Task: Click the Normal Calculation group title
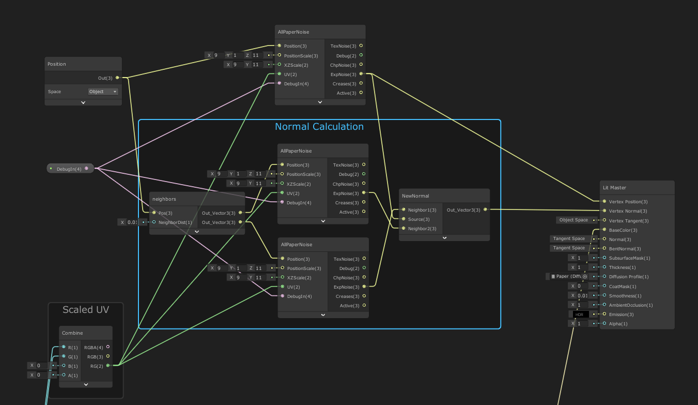coord(319,127)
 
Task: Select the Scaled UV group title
coord(86,310)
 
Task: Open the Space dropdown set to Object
coord(103,92)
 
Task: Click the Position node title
coord(57,64)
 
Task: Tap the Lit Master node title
coord(614,188)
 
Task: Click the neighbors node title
coord(164,199)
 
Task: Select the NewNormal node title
coord(415,196)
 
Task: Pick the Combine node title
coord(72,333)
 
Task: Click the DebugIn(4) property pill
coord(70,169)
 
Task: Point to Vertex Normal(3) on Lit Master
coord(628,211)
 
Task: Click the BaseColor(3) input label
coord(623,230)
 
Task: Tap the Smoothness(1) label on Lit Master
coord(625,296)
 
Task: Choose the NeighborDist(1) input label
coord(175,222)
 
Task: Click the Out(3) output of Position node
coord(105,78)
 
